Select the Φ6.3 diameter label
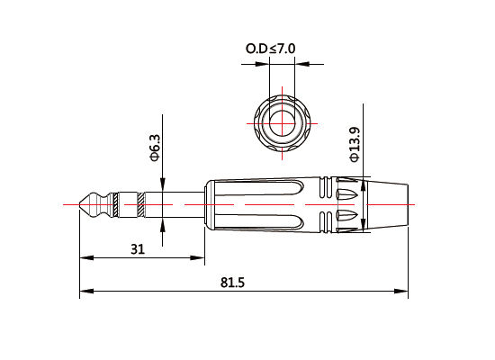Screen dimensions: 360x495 (154, 148)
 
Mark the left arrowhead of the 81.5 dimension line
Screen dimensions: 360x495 (85, 292)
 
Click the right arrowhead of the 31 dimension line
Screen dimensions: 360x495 (197, 257)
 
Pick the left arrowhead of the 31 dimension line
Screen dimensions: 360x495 (85, 257)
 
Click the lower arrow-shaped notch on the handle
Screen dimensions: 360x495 (346, 216)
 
